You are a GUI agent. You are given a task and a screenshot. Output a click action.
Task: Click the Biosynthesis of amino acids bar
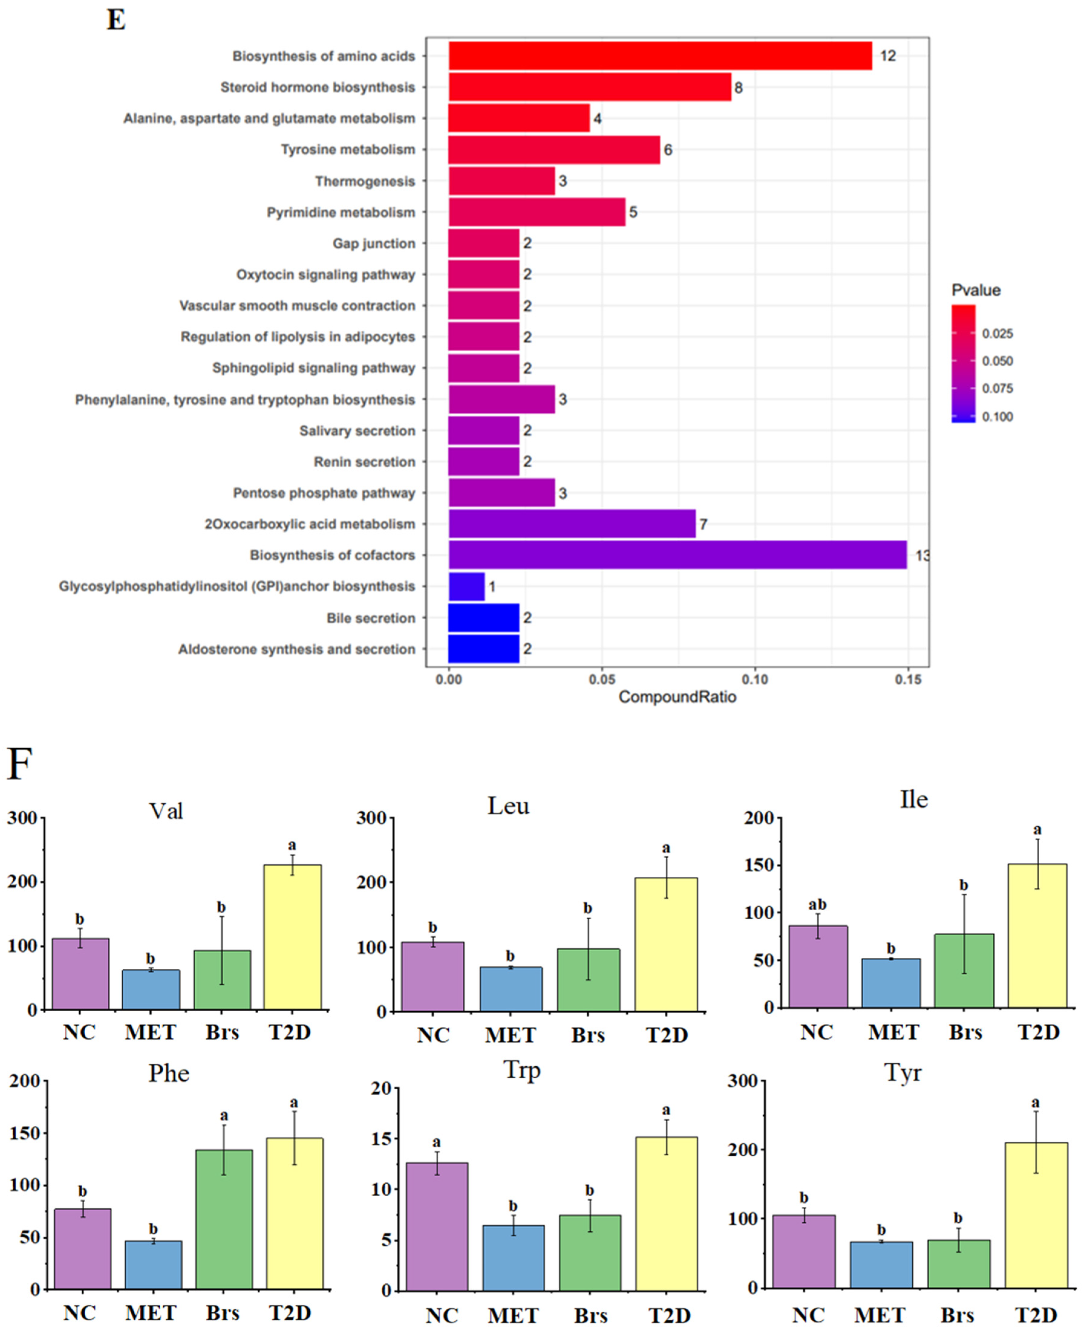(660, 56)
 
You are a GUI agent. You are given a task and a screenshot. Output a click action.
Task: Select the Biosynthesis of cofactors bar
(677, 555)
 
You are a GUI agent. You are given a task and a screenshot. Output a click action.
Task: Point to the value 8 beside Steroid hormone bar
(739, 87)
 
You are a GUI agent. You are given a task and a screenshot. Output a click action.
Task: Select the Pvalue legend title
(976, 291)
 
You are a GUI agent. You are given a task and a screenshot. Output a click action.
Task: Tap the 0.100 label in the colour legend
(998, 417)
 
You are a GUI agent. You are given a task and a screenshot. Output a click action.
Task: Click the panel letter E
(116, 20)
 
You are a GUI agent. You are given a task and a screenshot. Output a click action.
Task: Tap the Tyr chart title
(903, 1073)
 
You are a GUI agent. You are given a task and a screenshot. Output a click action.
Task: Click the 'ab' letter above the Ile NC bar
(817, 905)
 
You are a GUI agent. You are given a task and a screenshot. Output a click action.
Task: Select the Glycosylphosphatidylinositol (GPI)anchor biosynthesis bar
(466, 586)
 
